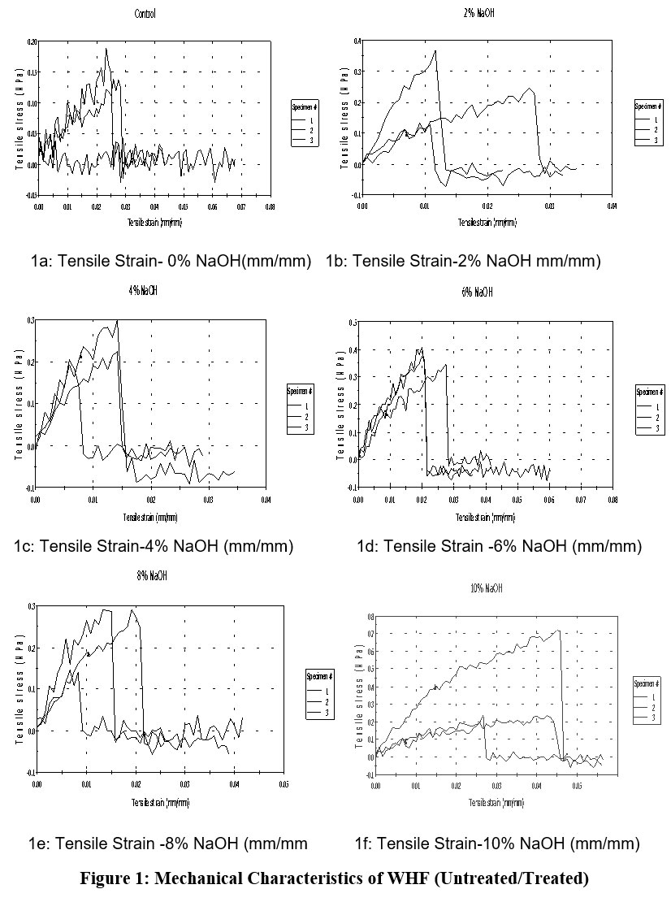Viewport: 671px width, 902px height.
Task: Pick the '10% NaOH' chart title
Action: click(x=487, y=588)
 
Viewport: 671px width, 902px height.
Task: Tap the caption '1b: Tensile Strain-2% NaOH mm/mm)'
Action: click(x=463, y=261)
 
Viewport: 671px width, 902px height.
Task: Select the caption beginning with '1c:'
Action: click(x=154, y=546)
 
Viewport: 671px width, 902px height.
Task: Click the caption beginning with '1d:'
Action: click(x=499, y=546)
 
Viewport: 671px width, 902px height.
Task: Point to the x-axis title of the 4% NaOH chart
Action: click(x=151, y=517)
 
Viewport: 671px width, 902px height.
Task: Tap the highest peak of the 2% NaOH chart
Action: click(x=436, y=50)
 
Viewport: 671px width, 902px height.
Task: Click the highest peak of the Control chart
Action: click(x=106, y=49)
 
